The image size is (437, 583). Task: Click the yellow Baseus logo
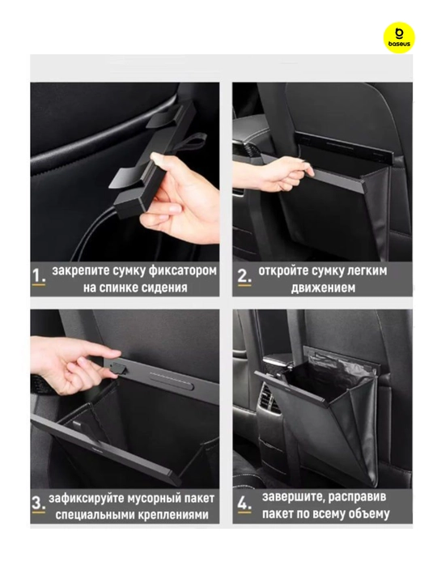399,37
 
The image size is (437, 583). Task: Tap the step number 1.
39,276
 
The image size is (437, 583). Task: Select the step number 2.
244,276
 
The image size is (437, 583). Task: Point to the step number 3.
39,504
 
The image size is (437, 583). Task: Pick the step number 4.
244,504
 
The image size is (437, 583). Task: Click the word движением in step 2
323,287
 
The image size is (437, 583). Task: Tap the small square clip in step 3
119,368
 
